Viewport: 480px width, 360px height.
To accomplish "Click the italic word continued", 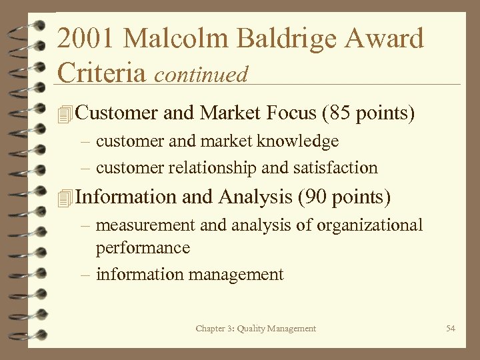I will [x=201, y=74].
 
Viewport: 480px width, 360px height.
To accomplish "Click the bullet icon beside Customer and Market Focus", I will [x=64, y=114].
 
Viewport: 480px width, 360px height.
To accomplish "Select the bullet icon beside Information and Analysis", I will [x=64, y=198].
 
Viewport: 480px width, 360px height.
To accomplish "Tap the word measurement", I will [x=146, y=225].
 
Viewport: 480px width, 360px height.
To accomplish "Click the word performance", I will [x=143, y=248].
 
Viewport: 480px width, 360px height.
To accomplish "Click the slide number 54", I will [x=451, y=328].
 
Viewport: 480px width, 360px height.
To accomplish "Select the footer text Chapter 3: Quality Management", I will [x=256, y=328].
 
